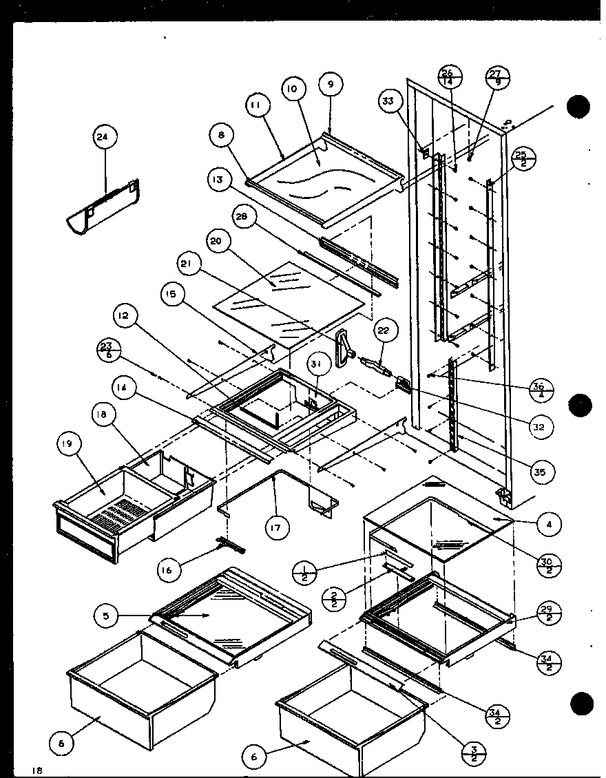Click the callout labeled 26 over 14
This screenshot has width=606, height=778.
(447, 76)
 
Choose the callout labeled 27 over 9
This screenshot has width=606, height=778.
(496, 77)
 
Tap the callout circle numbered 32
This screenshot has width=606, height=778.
(539, 427)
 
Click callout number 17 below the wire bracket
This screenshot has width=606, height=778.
(278, 529)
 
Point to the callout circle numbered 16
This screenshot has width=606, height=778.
(169, 569)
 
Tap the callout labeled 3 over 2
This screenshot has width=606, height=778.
(474, 750)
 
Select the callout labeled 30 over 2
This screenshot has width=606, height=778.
(550, 562)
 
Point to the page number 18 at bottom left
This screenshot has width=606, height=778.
(36, 770)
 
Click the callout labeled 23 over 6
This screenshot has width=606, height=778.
(107, 348)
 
